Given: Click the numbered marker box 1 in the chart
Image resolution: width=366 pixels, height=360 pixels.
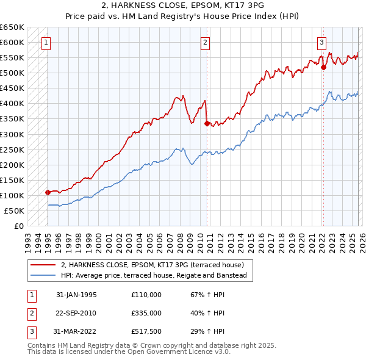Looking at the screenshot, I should point(46,42).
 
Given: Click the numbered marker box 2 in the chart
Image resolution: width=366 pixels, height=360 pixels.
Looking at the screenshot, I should point(205,42).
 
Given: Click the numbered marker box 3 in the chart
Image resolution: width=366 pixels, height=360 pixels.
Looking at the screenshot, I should point(321,42).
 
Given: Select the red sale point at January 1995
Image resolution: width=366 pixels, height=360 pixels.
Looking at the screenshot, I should point(48,192).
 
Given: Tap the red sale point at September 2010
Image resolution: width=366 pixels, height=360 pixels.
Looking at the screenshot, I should point(207,123).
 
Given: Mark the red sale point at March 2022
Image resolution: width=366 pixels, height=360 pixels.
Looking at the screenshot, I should point(323,68).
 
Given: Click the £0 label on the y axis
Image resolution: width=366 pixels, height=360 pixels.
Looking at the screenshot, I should point(18,226).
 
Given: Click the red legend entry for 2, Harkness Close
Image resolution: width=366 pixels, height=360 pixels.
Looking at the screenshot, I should point(152,265).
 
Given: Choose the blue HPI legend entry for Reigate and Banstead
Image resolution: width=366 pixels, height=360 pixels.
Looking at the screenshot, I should point(153,275).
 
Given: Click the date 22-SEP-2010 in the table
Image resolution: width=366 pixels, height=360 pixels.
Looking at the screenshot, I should point(76,313).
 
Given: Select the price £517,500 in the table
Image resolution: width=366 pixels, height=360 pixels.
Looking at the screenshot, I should point(146,331).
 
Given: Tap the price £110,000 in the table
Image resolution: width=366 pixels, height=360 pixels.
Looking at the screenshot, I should point(146,295).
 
